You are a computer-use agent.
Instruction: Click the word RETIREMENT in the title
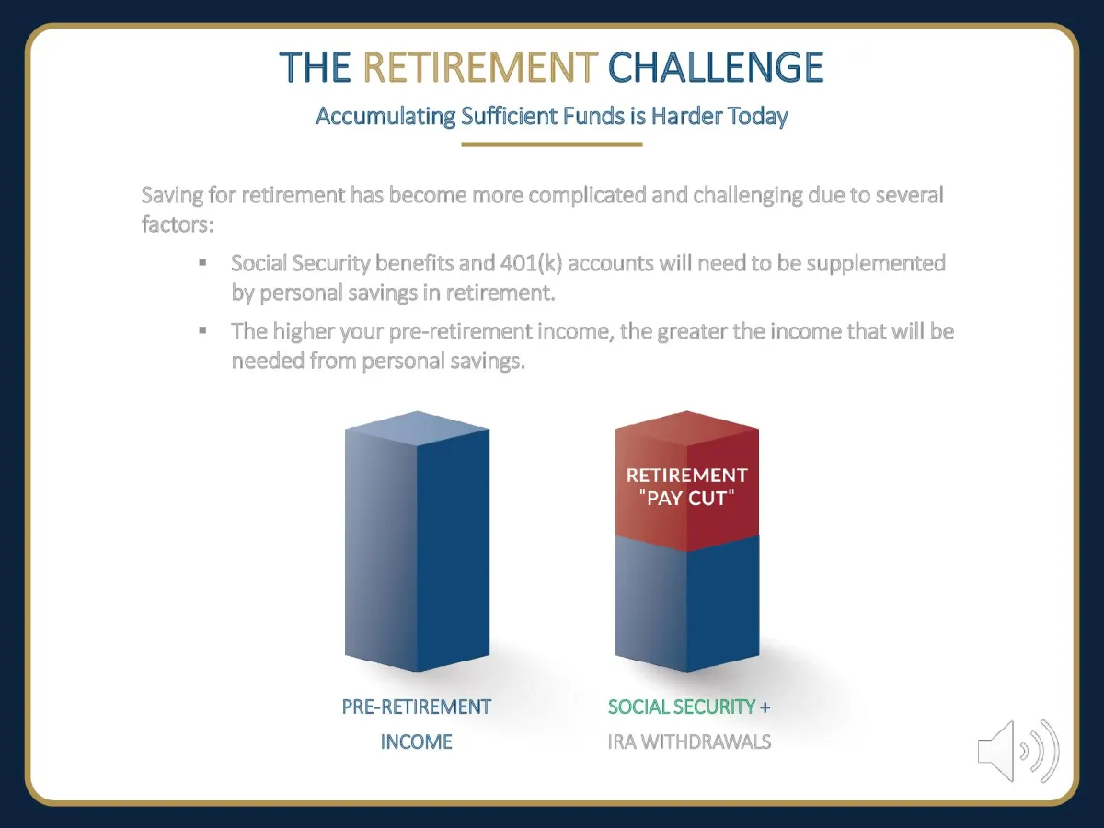[480, 66]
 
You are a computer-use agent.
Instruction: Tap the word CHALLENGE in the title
[716, 66]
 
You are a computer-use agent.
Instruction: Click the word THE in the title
[315, 66]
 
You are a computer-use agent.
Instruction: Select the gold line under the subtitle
[552, 144]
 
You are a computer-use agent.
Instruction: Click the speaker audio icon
[1018, 751]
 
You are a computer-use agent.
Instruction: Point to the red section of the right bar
[686, 480]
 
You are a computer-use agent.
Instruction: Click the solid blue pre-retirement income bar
[417, 542]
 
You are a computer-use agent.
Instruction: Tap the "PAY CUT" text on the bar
[686, 499]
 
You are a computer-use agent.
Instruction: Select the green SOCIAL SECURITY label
[682, 707]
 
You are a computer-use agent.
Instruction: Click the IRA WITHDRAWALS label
[689, 742]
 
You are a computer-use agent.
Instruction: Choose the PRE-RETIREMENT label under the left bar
[417, 707]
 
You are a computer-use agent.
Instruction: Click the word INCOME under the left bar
[417, 742]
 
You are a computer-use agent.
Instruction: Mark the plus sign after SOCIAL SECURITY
[765, 707]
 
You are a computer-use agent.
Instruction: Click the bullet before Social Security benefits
[202, 262]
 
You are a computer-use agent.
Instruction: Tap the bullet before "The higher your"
[202, 330]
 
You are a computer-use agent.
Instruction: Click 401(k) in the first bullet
[531, 263]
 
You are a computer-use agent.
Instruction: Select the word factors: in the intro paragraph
[178, 224]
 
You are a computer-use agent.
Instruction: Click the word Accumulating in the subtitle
[385, 117]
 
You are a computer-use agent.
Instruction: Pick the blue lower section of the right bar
[686, 604]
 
